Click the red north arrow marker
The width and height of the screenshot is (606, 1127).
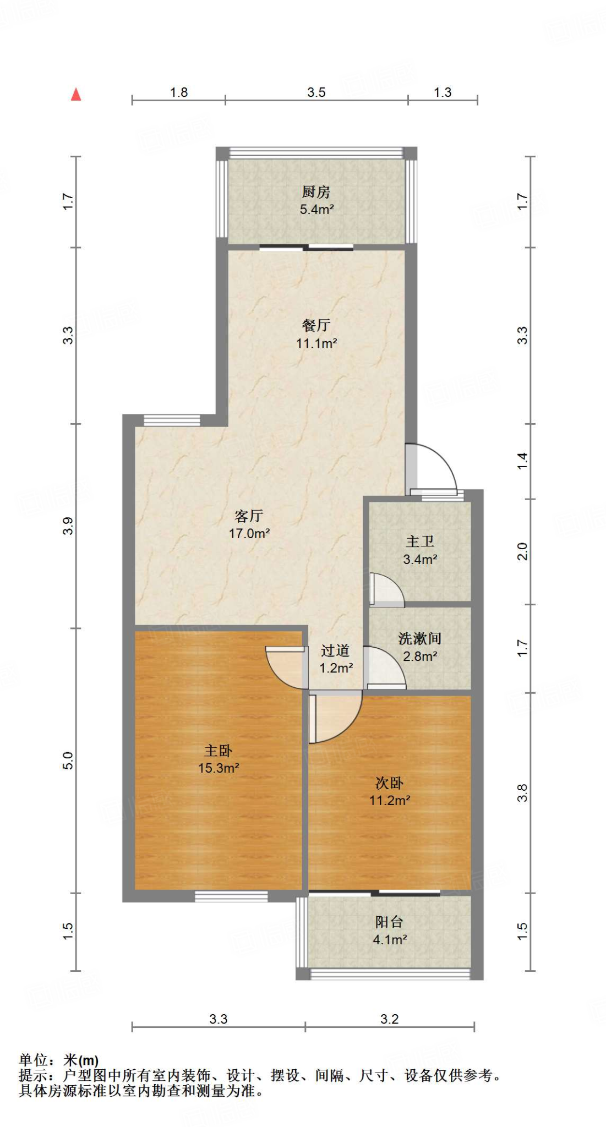[x=76, y=95]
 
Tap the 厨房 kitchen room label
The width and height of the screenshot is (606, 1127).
[x=316, y=200]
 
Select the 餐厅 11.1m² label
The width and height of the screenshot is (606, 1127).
[x=316, y=334]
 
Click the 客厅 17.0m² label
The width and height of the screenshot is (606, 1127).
[x=249, y=524]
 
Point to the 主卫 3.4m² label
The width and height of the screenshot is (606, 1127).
[x=420, y=550]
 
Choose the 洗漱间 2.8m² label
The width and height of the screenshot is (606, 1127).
[x=420, y=647]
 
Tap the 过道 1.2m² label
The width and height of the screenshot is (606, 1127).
[x=336, y=659]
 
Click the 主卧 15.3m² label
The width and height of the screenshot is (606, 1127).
[x=219, y=759]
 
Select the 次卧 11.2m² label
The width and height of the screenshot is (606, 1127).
[x=389, y=791]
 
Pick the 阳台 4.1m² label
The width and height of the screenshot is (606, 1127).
[x=389, y=931]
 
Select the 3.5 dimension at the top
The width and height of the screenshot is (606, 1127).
[x=316, y=92]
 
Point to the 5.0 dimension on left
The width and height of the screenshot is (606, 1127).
[x=68, y=761]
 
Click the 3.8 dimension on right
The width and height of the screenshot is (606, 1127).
[x=522, y=792]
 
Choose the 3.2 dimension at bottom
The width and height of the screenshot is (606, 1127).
[x=389, y=1019]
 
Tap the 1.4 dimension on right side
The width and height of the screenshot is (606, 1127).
[x=522, y=461]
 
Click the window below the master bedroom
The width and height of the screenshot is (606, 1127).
[x=231, y=896]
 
